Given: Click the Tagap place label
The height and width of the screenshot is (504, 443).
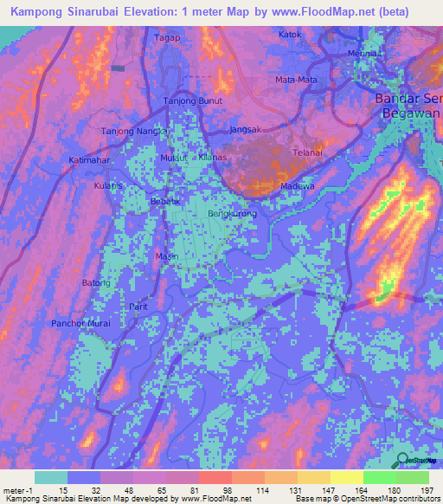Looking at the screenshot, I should point(166,39).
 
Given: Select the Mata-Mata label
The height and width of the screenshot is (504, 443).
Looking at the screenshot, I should point(296,80).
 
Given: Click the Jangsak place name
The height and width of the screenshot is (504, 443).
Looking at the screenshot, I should point(246,130).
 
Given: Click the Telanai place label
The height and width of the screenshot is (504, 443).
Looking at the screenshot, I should point(306,152).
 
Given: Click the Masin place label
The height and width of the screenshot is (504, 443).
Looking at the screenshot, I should point(165,256).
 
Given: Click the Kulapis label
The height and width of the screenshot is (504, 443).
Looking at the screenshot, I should point(109,186).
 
